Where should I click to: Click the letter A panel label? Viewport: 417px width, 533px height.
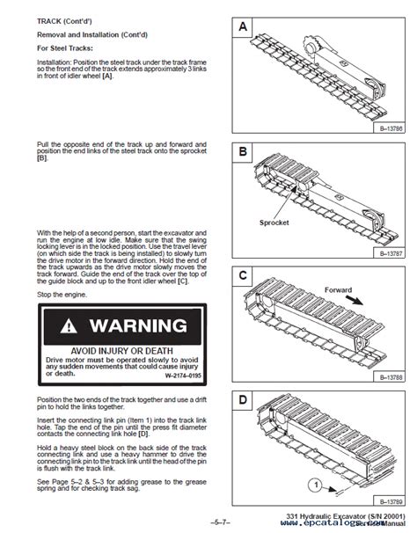coord(242,28)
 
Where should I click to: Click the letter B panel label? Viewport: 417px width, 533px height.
coord(242,152)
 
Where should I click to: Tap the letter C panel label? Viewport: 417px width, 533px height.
coord(242,276)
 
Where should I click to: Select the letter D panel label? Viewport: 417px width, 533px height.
coord(242,400)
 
